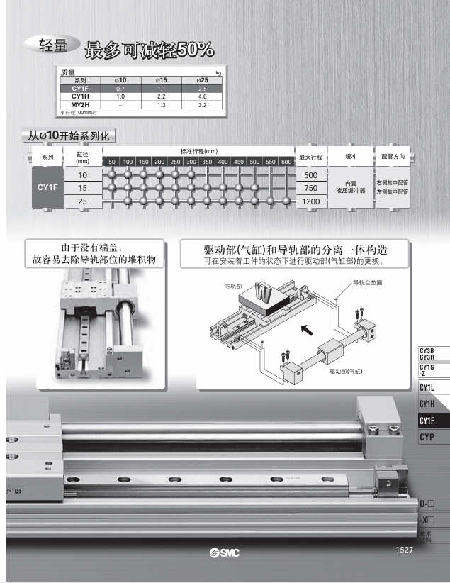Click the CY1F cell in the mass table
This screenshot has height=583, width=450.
79,88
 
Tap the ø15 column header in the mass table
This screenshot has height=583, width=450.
161,80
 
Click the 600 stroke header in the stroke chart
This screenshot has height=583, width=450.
286,162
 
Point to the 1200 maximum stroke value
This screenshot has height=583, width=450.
310,201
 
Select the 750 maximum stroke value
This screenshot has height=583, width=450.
310,188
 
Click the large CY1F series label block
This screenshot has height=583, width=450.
47,188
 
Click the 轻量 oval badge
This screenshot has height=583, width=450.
53,45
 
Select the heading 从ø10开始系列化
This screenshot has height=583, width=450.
69,135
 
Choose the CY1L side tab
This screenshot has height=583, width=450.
427,387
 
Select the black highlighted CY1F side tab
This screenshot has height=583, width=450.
427,421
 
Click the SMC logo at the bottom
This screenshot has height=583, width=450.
225,553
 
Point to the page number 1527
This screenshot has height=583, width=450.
404,550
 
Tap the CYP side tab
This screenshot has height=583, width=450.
427,438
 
